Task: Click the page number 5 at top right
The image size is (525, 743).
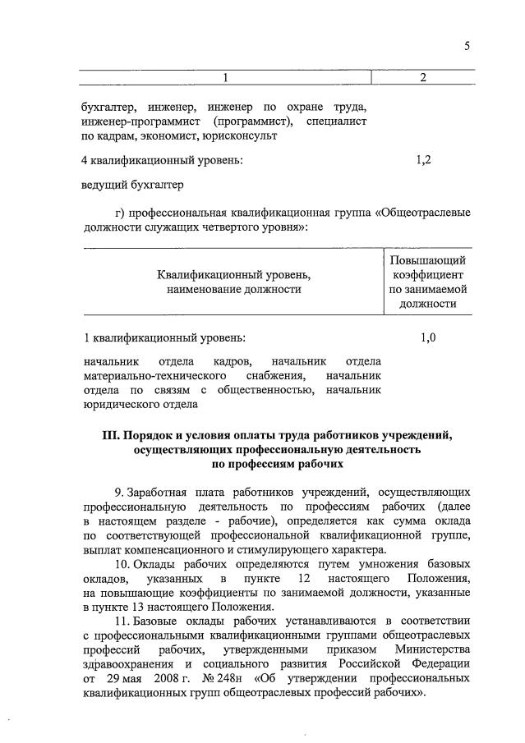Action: pyautogui.click(x=467, y=46)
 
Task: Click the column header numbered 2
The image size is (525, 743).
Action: pyautogui.click(x=422, y=78)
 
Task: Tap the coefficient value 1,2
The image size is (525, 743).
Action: pyautogui.click(x=425, y=160)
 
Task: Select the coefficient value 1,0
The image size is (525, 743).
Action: pyautogui.click(x=427, y=337)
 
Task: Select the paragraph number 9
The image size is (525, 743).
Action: pyautogui.click(x=119, y=491)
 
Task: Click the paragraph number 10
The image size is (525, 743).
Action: pyautogui.click(x=122, y=565)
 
